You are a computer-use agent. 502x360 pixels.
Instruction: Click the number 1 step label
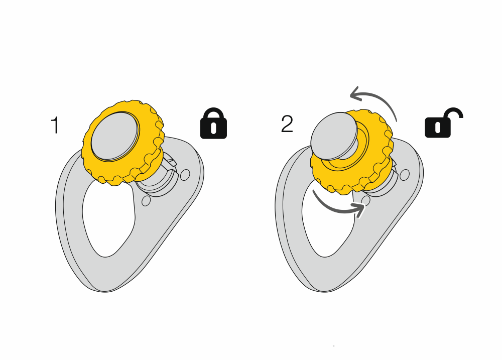point(55,125)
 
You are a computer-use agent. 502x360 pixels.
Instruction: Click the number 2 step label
point(287,124)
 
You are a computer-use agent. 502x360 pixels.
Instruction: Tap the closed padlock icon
point(213,124)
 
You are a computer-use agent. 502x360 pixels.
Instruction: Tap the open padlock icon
point(444,123)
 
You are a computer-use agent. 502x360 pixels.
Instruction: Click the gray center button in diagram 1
point(115,136)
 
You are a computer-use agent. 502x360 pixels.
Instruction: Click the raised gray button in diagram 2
point(334,136)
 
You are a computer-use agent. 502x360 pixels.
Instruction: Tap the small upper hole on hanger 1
point(185,175)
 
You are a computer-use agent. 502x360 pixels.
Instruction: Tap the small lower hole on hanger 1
point(146,201)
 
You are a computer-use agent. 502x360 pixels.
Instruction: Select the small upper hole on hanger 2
point(405,175)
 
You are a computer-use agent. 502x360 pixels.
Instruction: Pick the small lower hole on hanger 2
point(365,200)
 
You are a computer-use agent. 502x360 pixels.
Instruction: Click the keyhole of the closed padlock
point(213,127)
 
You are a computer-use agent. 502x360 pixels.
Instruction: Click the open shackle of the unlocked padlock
point(453,113)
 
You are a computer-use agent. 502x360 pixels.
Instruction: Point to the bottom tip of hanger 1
point(104,291)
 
